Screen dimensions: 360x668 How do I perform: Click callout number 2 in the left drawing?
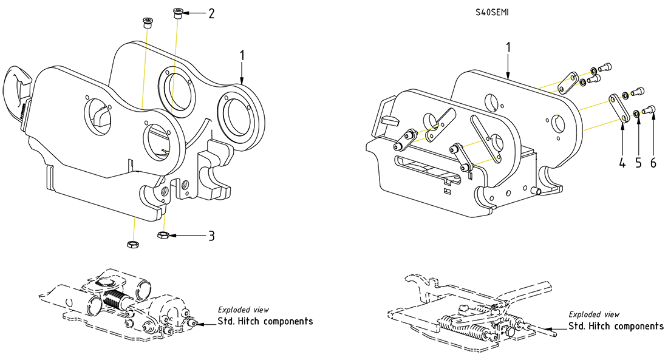211,13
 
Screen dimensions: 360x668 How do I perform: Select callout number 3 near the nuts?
211,236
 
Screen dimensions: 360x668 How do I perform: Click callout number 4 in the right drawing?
622,163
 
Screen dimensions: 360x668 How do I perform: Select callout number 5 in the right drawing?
638,163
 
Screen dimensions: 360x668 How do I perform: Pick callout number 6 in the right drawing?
653,163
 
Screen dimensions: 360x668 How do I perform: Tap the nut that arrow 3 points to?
162,235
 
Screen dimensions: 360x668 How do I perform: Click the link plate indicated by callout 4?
619,107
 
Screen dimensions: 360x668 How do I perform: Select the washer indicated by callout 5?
635,112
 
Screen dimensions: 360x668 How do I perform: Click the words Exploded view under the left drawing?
244,310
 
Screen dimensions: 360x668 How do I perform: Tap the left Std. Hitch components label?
265,321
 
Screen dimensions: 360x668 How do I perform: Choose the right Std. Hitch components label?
616,326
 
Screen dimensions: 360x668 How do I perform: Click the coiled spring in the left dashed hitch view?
115,299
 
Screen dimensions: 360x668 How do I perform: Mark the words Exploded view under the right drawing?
594,314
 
